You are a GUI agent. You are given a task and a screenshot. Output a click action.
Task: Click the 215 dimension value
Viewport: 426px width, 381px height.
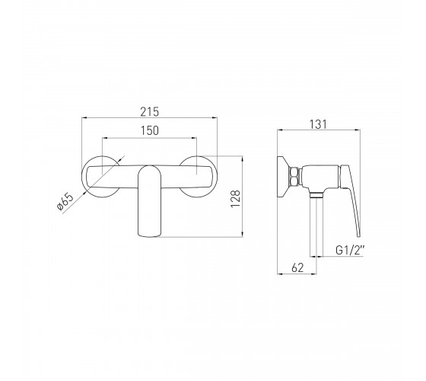[149, 111]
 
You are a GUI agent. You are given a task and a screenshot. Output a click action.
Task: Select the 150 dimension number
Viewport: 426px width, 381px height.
[149, 130]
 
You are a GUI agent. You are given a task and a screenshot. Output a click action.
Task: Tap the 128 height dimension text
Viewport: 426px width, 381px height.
[235, 199]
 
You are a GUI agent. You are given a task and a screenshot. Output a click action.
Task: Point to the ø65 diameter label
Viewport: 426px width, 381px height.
[65, 202]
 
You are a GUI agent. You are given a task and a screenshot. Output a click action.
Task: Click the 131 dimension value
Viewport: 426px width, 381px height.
[318, 124]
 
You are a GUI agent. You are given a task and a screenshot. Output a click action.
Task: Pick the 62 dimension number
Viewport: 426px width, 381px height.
[297, 268]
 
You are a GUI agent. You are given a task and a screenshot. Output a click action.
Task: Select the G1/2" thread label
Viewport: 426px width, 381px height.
[350, 250]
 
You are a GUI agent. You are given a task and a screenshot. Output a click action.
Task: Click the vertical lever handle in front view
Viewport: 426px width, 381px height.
[149, 201]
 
